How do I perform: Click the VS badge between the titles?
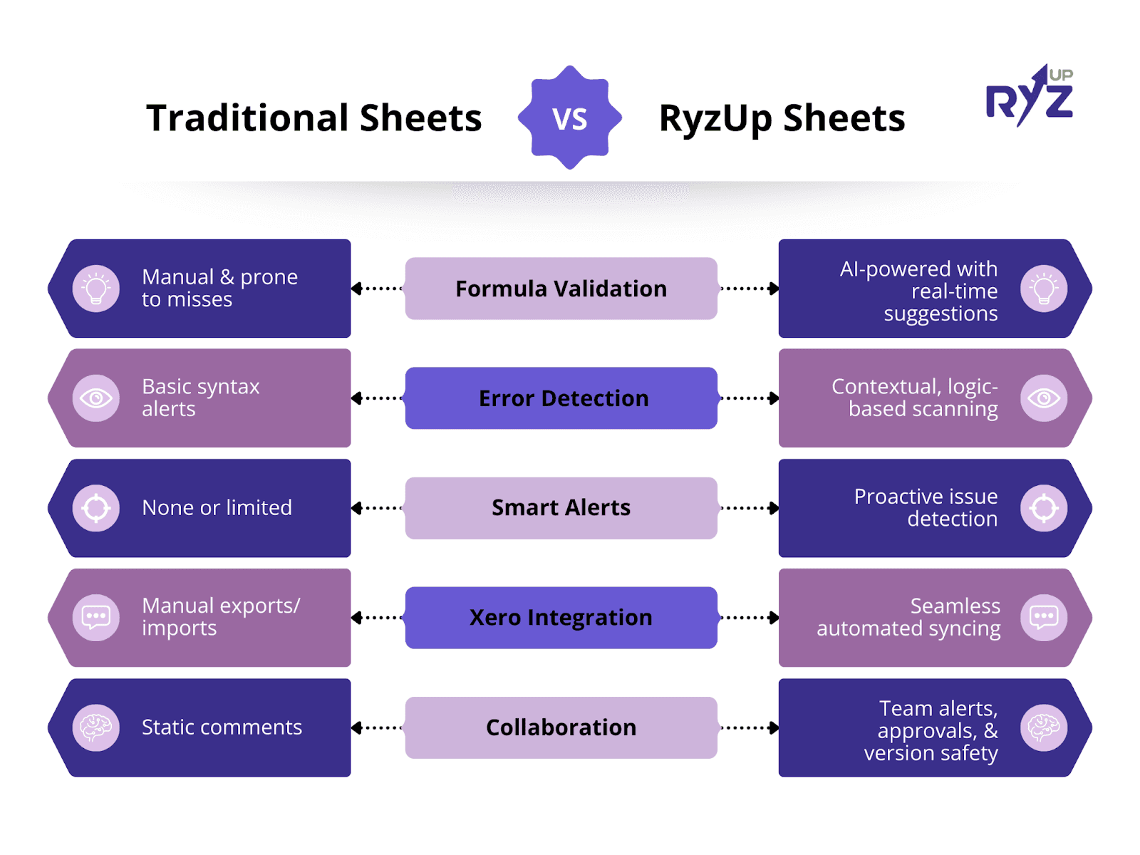(x=569, y=118)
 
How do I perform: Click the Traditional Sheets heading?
(x=313, y=118)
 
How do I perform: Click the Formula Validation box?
(x=561, y=288)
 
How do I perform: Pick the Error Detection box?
(x=561, y=398)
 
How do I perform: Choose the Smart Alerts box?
(x=561, y=508)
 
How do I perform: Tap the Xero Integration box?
(x=561, y=617)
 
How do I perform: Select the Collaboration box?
(x=561, y=727)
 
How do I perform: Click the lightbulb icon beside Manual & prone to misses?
(x=95, y=288)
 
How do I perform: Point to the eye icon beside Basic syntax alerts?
(x=95, y=398)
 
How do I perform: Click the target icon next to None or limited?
(x=95, y=508)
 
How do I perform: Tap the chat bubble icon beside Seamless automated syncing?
(x=1043, y=617)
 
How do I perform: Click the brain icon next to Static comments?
(x=95, y=727)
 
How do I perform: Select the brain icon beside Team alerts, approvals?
(x=1043, y=727)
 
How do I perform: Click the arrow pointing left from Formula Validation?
(x=377, y=288)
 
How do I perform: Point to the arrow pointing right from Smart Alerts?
(x=749, y=508)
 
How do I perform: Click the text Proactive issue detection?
(x=926, y=507)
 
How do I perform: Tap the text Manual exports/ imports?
(x=221, y=617)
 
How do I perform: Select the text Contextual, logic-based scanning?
(x=915, y=397)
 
